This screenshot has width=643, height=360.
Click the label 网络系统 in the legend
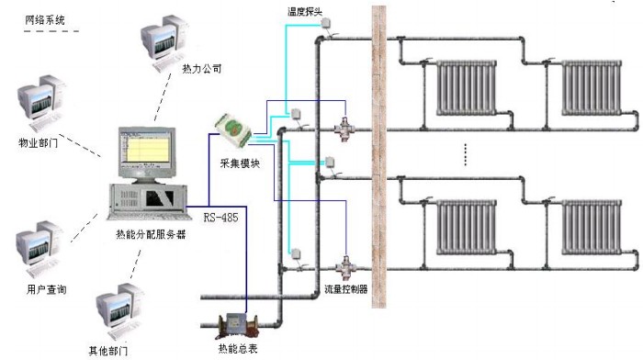pos(45,17)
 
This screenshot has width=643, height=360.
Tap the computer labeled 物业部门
pos(42,107)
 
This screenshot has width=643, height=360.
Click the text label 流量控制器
pos(346,288)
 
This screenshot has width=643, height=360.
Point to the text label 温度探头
pos(308,12)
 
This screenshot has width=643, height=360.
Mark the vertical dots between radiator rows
pos(466,155)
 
